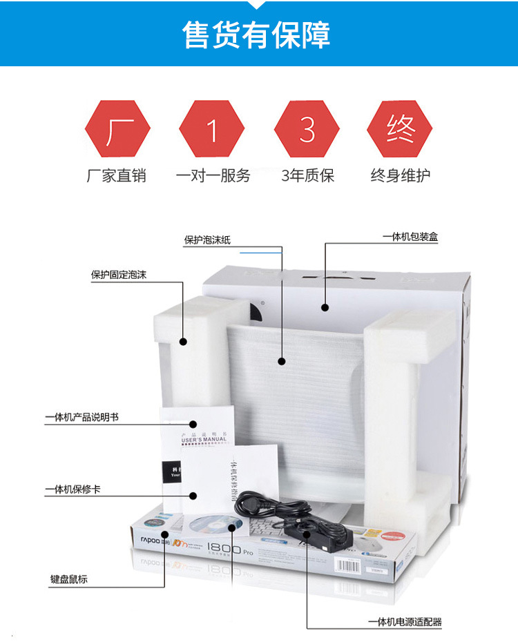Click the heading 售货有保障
257,35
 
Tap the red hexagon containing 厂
117,129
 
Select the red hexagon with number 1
212,129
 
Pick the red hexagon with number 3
307,129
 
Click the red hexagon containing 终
400,129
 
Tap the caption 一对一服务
213,175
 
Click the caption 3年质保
307,175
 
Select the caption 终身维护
400,175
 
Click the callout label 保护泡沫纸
207,240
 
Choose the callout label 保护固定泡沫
119,275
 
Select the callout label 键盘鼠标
69,579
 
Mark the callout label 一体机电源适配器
405,622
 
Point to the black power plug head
249,507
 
